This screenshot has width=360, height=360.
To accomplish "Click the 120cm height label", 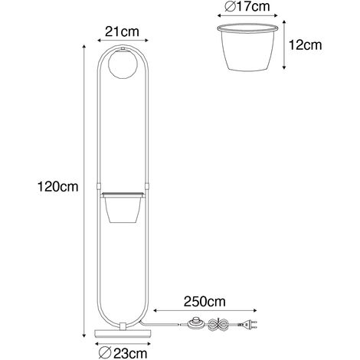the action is point(57,187).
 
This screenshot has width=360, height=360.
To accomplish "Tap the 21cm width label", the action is point(122,32).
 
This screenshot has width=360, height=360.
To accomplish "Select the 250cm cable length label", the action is point(205,302).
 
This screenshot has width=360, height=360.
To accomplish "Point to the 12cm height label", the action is point(305,45).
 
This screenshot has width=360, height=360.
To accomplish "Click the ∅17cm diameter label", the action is point(247,7).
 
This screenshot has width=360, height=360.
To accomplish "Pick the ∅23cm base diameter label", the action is point(123,354).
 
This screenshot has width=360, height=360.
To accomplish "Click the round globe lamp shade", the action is point(123,64).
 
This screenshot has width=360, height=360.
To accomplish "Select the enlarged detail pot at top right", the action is point(247,47).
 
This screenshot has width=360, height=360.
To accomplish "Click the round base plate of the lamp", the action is point(123,333).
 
